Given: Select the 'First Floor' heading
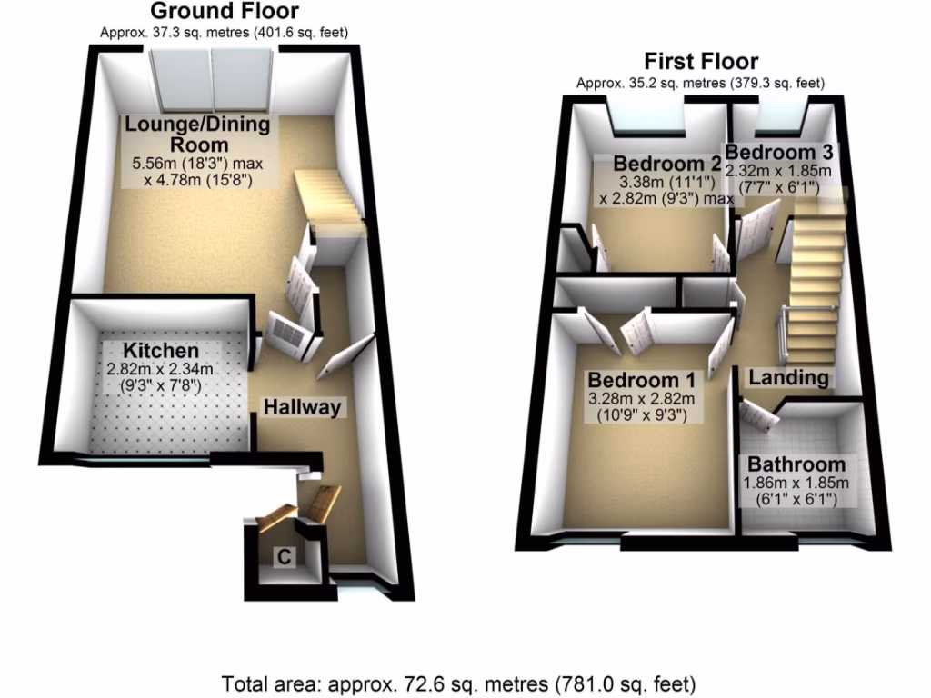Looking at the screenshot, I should tap(700, 62).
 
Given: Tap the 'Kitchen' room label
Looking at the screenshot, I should tap(161, 352).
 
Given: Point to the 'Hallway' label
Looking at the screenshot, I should tap(302, 408).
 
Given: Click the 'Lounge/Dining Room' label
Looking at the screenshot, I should tap(197, 135).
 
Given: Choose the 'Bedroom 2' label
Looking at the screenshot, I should tap(667, 165).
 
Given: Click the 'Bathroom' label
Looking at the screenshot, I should tap(796, 464).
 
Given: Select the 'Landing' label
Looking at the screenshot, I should tap(787, 377).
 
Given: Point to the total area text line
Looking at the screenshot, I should tap(459, 683).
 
